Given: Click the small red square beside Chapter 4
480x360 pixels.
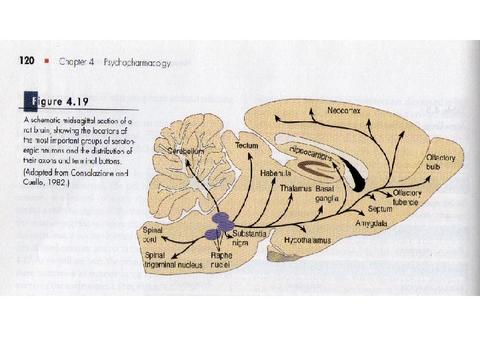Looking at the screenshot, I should tap(47, 62).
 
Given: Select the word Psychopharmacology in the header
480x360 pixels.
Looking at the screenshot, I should tap(137, 63).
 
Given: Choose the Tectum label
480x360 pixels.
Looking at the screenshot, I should tap(247, 145).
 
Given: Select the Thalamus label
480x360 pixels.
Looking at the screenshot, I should tap(295, 189).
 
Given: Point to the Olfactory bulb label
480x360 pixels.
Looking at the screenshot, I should tap(441, 161).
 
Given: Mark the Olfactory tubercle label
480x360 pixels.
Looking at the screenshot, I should tap(406, 197).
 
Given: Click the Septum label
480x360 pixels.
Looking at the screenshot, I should tap(380, 209).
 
